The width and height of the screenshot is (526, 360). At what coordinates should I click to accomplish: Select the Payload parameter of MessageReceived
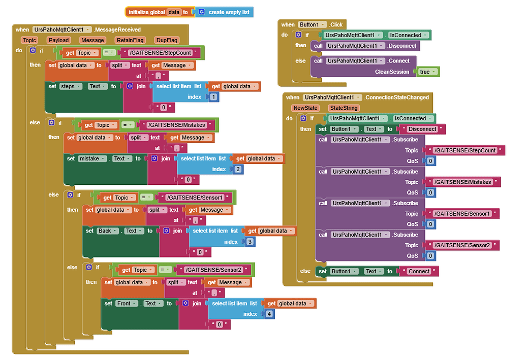pyautogui.click(x=58, y=40)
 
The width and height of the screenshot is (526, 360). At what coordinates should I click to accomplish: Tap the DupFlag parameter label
pyautogui.click(x=167, y=40)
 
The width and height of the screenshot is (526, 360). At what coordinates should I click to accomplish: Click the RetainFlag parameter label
pyautogui.click(x=130, y=40)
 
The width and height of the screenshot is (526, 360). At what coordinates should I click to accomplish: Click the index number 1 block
pyautogui.click(x=213, y=97)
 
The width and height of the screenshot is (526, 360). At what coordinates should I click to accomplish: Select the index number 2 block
pyautogui.click(x=238, y=169)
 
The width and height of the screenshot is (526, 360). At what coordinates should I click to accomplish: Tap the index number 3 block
pyautogui.click(x=250, y=242)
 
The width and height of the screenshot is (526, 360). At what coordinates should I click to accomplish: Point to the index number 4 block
pyautogui.click(x=269, y=314)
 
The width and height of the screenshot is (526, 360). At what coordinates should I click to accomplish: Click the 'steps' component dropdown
pyautogui.click(x=71, y=86)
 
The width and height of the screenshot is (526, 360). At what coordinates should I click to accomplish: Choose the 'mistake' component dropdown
pyautogui.click(x=92, y=158)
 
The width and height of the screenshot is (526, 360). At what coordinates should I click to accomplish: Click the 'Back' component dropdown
pyautogui.click(x=107, y=231)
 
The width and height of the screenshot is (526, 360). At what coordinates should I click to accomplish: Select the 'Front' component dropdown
pyautogui.click(x=127, y=303)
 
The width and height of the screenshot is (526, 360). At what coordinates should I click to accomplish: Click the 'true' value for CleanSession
pyautogui.click(x=426, y=72)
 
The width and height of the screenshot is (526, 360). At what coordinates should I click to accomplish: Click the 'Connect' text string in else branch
pyautogui.click(x=419, y=271)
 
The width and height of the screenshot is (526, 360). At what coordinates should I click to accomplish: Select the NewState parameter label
pyautogui.click(x=305, y=108)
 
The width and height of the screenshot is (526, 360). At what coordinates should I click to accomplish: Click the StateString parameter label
pyautogui.click(x=344, y=108)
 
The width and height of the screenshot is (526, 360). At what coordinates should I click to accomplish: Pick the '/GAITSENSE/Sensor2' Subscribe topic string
pyautogui.click(x=462, y=245)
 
